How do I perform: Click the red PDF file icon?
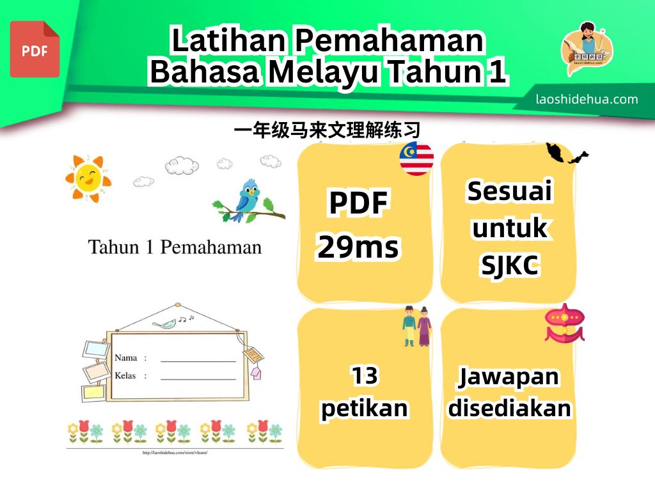[35, 49]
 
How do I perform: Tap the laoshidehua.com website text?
[587, 99]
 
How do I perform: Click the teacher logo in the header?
[587, 49]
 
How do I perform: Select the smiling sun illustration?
[88, 178]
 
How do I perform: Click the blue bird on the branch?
[248, 200]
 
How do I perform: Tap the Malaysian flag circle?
[416, 159]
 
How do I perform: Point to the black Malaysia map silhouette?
[567, 153]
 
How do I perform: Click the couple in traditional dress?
[417, 327]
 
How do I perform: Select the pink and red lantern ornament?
[564, 323]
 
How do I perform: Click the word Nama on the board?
[126, 358]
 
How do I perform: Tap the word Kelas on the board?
[125, 376]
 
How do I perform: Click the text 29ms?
[358, 247]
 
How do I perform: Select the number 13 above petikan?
[365, 375]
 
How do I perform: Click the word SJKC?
[510, 265]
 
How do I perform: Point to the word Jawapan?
[509, 377]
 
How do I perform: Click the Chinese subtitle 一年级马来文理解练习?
[327, 130]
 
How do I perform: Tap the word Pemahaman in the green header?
[390, 40]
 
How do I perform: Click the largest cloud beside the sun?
[182, 166]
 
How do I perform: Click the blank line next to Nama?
[198, 361]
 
